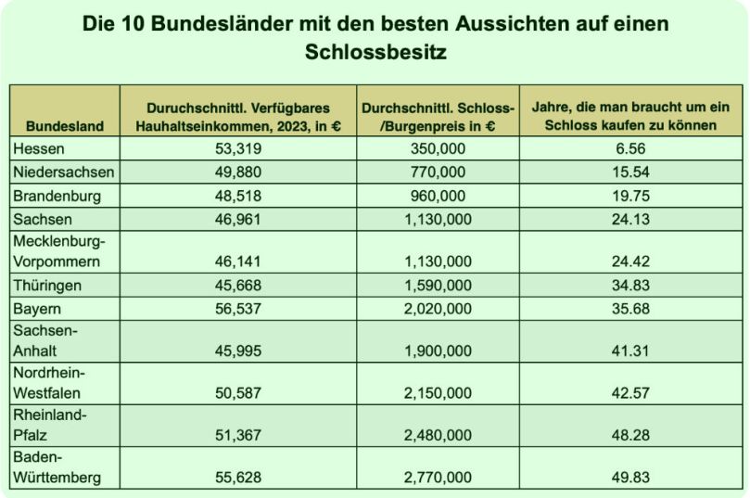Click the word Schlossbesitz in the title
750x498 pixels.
click(375, 52)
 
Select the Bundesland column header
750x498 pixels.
click(65, 126)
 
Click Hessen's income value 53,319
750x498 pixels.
click(238, 148)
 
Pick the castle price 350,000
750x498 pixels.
click(438, 148)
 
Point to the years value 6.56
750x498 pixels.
click(631, 148)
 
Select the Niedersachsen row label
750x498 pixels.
click(64, 172)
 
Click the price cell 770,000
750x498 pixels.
click(438, 172)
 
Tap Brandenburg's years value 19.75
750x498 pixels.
click(631, 196)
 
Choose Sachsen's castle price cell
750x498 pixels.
click(438, 220)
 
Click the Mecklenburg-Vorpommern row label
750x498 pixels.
click(59, 251)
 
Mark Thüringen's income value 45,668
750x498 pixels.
click(238, 286)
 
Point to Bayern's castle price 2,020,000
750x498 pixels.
click(438, 309)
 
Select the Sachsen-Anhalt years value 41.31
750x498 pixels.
click(631, 351)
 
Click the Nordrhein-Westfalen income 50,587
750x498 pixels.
click(238, 393)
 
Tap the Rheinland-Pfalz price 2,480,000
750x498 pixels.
click(438, 435)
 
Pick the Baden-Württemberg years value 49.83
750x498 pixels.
click(631, 478)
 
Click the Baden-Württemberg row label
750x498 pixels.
click(57, 467)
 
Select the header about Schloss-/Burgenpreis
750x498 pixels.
click(438, 117)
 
